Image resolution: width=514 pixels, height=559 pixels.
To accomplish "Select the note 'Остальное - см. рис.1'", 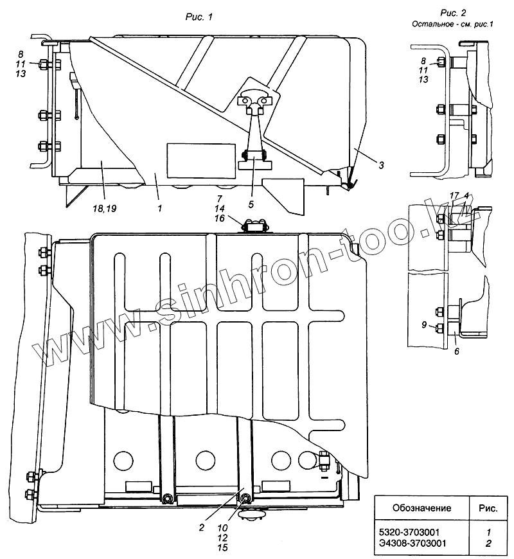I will pyautogui.click(x=448, y=24).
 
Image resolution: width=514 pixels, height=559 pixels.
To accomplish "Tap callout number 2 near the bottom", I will pyautogui.click(x=201, y=528).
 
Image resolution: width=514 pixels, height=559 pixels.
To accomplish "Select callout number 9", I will pyautogui.click(x=424, y=325).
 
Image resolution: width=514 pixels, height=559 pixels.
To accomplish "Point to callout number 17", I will pyautogui.click(x=454, y=195).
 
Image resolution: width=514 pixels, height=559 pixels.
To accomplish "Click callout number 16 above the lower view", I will pyautogui.click(x=220, y=218).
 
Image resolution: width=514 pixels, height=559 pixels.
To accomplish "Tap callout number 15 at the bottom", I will pyautogui.click(x=223, y=549).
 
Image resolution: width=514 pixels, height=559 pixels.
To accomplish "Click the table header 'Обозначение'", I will pyautogui.click(x=421, y=508).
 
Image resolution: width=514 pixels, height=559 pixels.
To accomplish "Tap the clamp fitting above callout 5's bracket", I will pyautogui.click(x=255, y=101).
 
